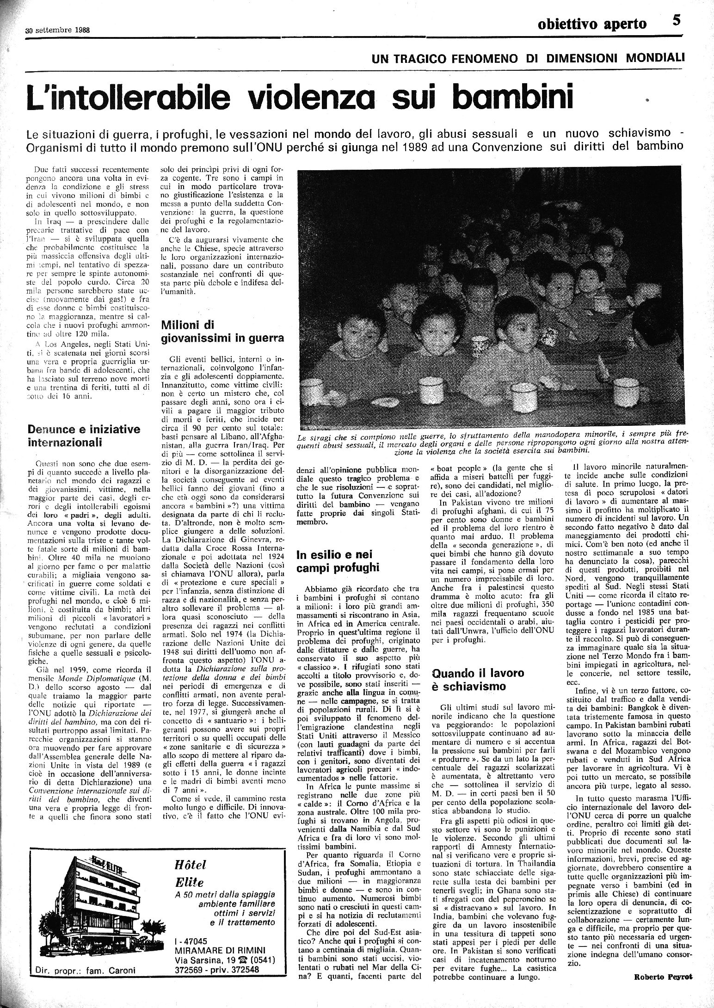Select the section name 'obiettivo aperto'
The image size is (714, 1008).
(x=592, y=24)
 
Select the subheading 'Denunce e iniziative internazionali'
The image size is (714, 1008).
(x=83, y=436)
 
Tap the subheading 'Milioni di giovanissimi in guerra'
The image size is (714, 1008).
(x=222, y=332)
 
